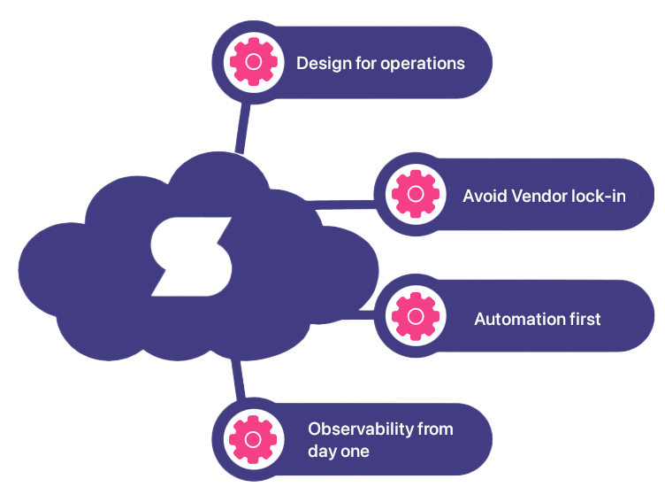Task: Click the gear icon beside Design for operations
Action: click(x=253, y=63)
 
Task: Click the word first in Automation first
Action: click(x=582, y=319)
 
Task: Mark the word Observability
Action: click(x=361, y=429)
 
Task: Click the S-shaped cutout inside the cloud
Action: click(x=190, y=257)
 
